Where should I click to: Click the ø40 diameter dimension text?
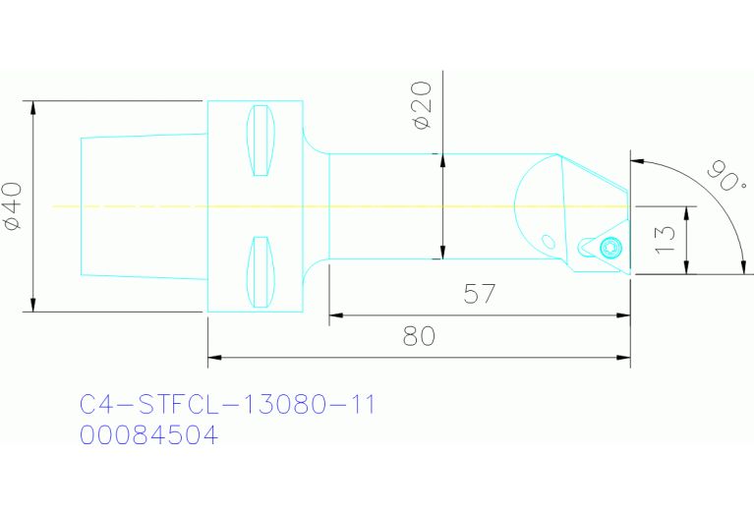tap(13, 206)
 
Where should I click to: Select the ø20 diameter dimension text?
tap(423, 105)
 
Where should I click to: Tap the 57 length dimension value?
tap(479, 293)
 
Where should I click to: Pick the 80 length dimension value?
tap(419, 336)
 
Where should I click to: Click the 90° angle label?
tap(725, 177)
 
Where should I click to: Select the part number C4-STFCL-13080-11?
tap(227, 404)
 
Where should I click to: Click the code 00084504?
tap(148, 434)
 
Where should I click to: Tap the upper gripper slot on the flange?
tap(261, 140)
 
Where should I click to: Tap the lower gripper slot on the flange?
tap(261, 271)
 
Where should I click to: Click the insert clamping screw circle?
tap(612, 246)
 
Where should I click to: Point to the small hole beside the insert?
tap(548, 241)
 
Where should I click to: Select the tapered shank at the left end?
tap(143, 206)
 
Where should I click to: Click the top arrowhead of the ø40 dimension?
tap(34, 107)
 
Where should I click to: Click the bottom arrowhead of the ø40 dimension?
tap(34, 305)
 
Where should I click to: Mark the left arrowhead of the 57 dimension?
tap(335, 315)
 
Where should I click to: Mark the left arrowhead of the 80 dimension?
tap(214, 358)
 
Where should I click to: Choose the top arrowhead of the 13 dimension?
tap(686, 212)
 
